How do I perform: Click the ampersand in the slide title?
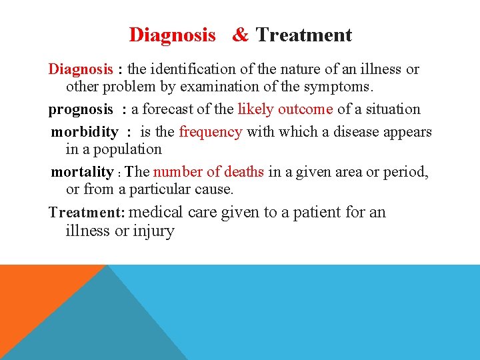tap(240, 35)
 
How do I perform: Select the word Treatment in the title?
tap(304, 35)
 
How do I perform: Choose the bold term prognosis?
tap(79, 109)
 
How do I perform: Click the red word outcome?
tap(305, 109)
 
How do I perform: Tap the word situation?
tap(392, 109)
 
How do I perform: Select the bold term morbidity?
tap(84, 132)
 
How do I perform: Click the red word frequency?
tap(211, 132)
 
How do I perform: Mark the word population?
tap(127, 150)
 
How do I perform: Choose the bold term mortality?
tap(82, 172)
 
